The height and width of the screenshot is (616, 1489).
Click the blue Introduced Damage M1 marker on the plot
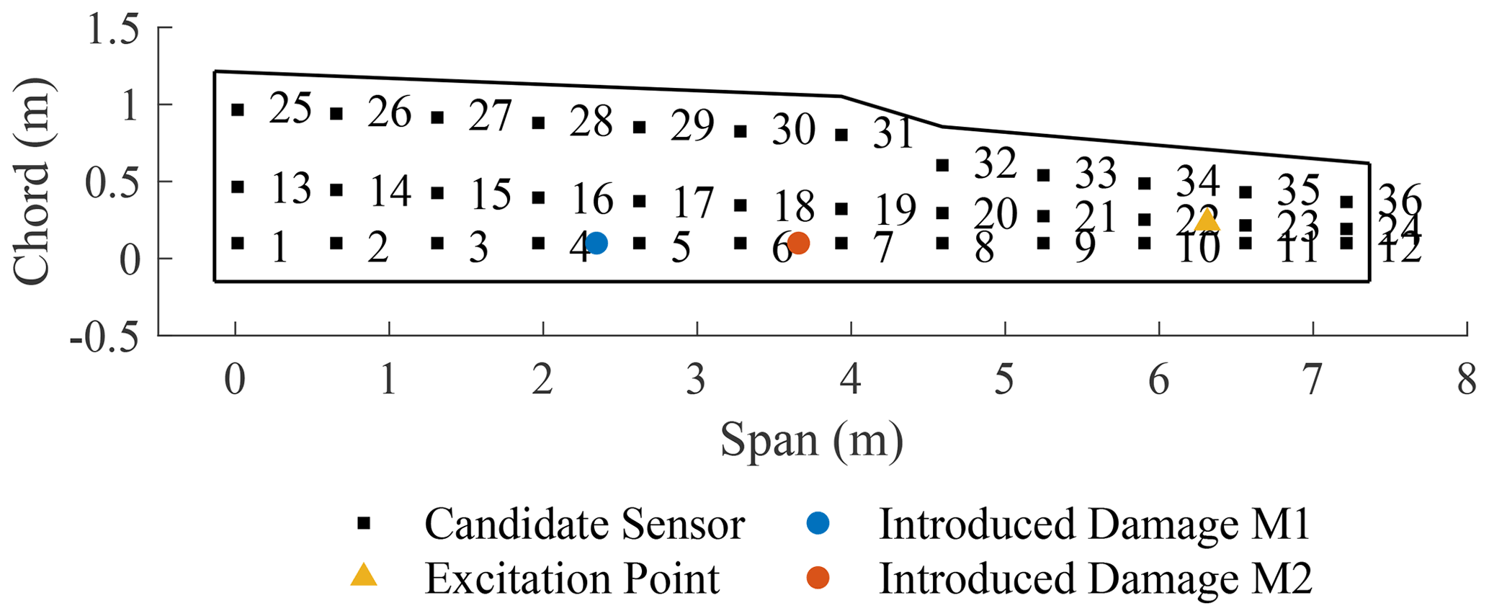[596, 244]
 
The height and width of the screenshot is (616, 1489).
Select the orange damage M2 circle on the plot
[798, 244]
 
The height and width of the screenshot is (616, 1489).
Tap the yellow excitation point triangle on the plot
[1207, 220]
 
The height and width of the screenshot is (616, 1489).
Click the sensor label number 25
[290, 110]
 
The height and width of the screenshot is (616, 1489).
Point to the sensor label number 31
[894, 134]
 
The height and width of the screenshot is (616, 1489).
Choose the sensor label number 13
[291, 189]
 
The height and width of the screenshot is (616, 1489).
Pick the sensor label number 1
[280, 248]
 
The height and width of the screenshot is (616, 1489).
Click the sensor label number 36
[1400, 200]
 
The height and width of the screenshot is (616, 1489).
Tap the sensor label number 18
[794, 207]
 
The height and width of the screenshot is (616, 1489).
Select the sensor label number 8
[984, 249]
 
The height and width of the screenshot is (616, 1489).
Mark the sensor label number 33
[1096, 174]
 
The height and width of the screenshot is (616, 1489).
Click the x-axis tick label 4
[851, 380]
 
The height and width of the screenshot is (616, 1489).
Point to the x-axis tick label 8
[1467, 380]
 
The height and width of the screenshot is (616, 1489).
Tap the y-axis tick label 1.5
[112, 30]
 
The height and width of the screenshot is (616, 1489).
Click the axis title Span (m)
[812, 440]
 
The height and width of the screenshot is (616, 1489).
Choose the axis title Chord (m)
[32, 181]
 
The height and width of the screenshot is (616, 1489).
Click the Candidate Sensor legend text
[584, 524]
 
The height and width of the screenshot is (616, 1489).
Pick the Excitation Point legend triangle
[364, 575]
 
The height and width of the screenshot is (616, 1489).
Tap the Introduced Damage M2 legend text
[1095, 579]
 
